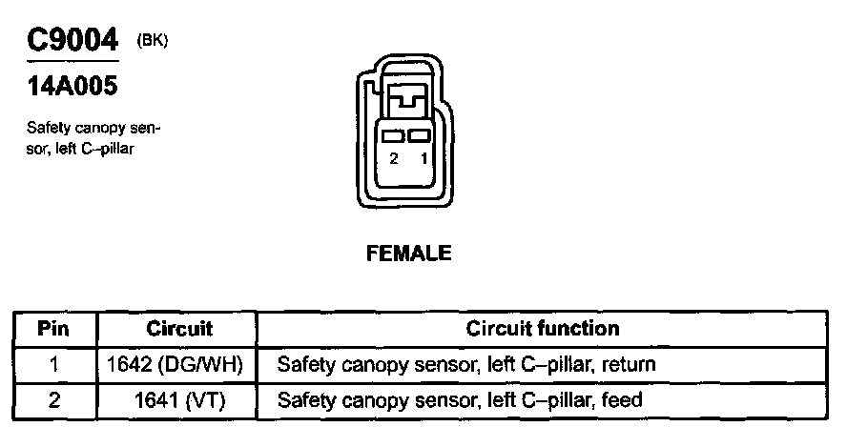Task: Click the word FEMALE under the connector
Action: click(407, 254)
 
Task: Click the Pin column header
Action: click(53, 329)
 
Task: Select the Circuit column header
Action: click(179, 329)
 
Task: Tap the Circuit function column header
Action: click(543, 329)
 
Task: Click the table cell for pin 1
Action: click(53, 364)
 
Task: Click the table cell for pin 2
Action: click(53, 399)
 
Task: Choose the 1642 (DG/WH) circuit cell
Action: click(179, 364)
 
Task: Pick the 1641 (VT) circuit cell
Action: click(179, 399)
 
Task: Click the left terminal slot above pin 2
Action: click(393, 136)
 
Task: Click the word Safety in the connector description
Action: click(45, 129)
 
